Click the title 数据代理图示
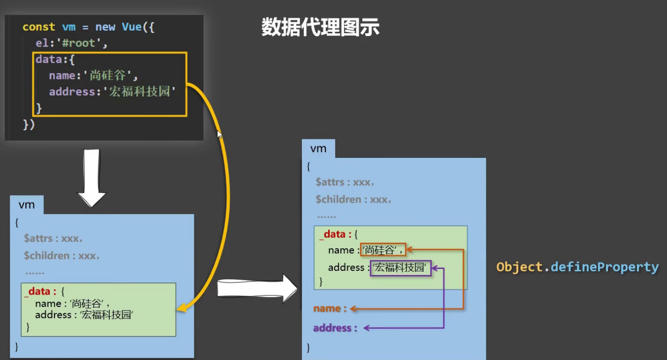320,28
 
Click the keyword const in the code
39,27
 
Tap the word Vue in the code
132,27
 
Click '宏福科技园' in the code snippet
142,92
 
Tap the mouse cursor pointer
219,134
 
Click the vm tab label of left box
27,205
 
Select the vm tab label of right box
318,149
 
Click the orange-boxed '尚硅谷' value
383,251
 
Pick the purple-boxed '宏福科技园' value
400,268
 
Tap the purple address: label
335,328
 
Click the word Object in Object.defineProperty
519,267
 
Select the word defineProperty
605,267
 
